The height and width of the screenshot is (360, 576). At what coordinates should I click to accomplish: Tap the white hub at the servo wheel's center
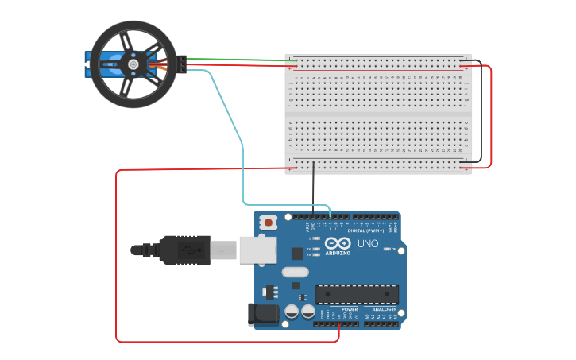pyautogui.click(x=133, y=64)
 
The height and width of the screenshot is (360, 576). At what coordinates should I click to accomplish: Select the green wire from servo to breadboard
pyautogui.click(x=238, y=60)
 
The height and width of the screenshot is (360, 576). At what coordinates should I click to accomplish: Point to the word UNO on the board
pyautogui.click(x=368, y=243)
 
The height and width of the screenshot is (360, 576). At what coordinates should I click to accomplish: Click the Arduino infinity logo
pyautogui.click(x=337, y=243)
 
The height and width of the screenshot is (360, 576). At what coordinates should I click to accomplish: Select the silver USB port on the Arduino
pyautogui.click(x=257, y=250)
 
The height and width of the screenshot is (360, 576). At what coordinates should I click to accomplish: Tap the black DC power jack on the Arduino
pyautogui.click(x=263, y=314)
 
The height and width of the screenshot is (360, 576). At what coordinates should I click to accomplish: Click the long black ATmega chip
pyautogui.click(x=357, y=293)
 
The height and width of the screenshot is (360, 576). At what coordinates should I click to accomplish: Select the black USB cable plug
pyautogui.click(x=183, y=250)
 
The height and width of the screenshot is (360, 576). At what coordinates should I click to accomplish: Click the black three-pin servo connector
pyautogui.click(x=183, y=64)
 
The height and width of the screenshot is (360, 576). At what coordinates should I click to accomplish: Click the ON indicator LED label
pyautogui.click(x=392, y=249)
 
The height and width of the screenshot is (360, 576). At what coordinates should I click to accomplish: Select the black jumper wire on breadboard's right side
pyautogui.click(x=481, y=111)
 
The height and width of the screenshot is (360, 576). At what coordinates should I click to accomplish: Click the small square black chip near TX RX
pyautogui.click(x=297, y=254)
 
